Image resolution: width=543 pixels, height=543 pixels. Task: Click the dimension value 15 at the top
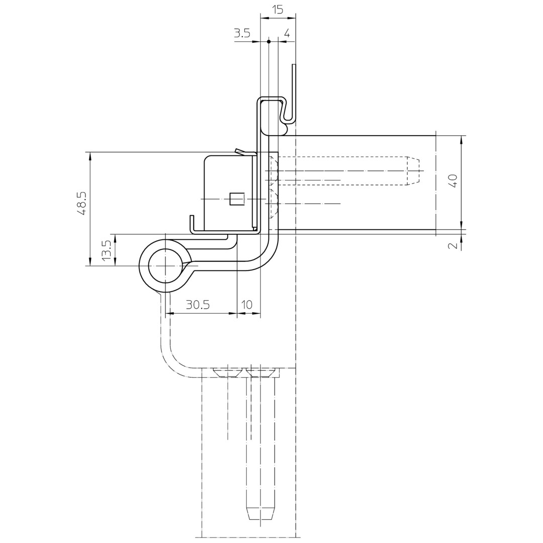pos(278,9)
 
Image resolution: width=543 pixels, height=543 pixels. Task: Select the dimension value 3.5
pos(242,33)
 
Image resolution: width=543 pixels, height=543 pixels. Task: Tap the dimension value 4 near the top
pos(287,33)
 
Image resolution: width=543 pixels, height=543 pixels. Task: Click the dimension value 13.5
pos(106,250)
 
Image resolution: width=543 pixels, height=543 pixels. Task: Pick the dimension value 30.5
pos(198,305)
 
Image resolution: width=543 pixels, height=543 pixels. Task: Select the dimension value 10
pos(247,305)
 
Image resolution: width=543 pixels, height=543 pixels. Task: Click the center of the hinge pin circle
pos(166,266)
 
